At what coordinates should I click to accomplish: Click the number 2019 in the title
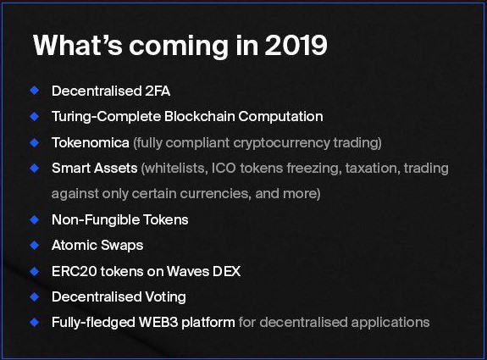point(296,46)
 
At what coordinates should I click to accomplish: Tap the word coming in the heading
point(179,47)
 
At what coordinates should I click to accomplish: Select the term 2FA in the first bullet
point(158,91)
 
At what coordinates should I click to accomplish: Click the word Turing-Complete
point(106,117)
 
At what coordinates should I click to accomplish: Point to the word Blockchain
point(199,117)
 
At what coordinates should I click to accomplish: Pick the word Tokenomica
point(91,143)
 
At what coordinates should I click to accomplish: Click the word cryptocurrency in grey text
point(281,143)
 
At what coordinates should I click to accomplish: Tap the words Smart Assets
point(94,168)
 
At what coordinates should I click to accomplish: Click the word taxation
point(371,168)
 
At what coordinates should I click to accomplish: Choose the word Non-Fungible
point(96,220)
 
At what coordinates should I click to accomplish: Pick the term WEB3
point(158,322)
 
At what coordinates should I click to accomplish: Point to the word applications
point(390,323)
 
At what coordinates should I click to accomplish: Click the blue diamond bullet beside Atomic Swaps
point(35,245)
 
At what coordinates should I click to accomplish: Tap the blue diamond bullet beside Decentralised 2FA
point(35,91)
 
